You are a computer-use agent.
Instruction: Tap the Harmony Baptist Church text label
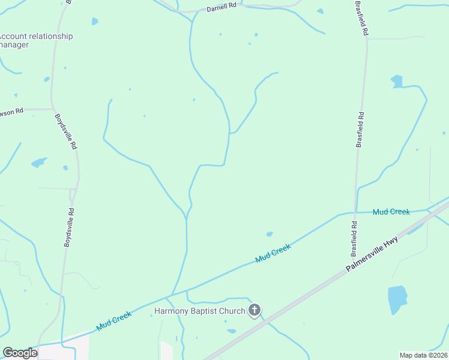point(200,311)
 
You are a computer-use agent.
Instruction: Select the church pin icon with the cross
point(255,310)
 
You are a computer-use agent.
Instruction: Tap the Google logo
point(20,352)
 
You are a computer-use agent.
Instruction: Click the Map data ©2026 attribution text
point(423,355)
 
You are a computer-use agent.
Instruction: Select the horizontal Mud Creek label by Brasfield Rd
point(391,212)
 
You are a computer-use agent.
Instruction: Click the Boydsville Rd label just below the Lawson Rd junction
point(65,132)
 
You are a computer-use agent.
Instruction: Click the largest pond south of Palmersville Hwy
point(397,298)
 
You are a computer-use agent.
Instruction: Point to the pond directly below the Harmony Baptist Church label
point(231,331)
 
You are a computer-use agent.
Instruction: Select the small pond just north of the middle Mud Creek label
point(270,234)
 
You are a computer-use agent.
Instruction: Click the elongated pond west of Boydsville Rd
point(39,163)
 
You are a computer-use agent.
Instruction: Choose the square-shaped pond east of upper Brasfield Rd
point(397,81)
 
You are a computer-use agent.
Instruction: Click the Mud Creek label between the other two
point(273,253)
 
